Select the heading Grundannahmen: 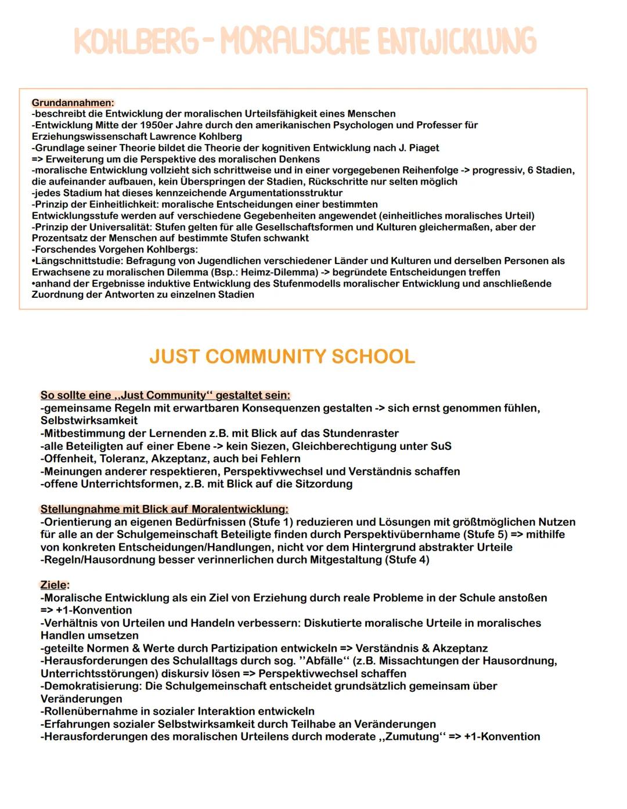73,103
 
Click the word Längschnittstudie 78,261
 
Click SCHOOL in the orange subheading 373,356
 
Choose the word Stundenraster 361,434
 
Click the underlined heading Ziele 54,585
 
